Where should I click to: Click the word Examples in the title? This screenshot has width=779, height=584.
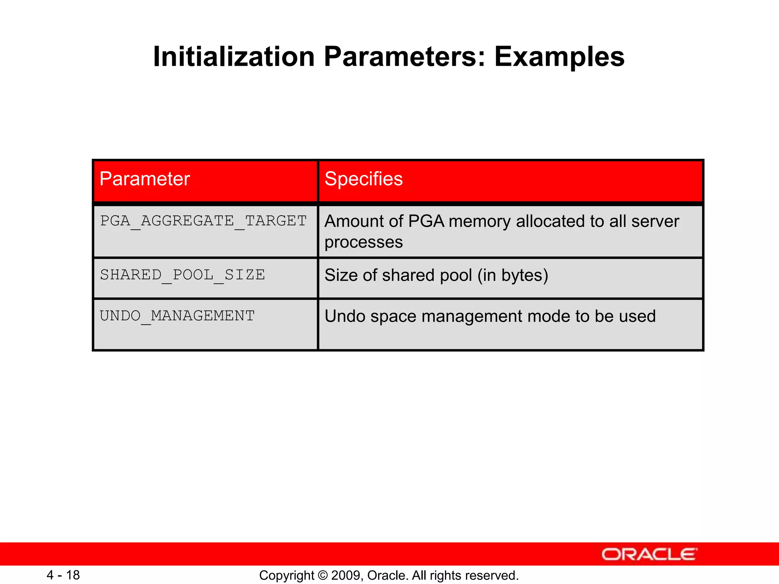[559, 57]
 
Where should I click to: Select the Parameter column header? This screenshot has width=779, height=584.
[145, 179]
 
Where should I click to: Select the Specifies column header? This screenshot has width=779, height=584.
[363, 179]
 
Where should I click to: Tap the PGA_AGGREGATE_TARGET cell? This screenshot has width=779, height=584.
[203, 221]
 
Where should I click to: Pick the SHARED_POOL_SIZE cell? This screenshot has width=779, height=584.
[183, 275]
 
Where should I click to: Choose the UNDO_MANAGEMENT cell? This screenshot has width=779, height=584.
[177, 316]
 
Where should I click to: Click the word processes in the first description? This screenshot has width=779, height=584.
[363, 243]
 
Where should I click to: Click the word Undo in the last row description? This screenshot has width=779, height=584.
[345, 316]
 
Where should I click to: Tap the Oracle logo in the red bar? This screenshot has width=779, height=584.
[649, 554]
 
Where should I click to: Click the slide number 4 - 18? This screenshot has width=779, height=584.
[63, 575]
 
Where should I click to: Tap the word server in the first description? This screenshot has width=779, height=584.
[655, 221]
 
